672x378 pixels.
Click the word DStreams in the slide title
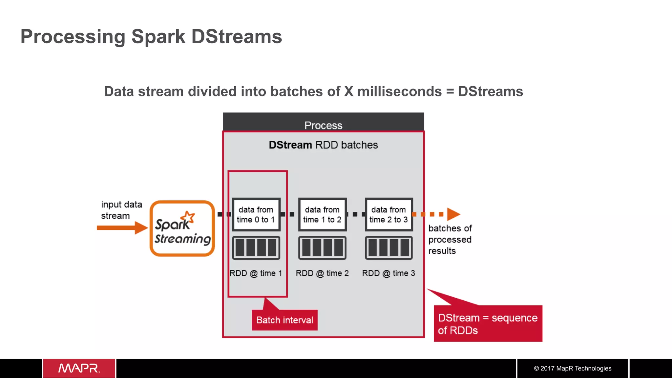[x=236, y=36]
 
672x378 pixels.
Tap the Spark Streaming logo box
[x=182, y=229]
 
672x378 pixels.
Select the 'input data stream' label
[x=121, y=210]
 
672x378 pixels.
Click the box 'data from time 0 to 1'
[x=256, y=214]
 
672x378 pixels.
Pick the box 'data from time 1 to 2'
[x=322, y=214]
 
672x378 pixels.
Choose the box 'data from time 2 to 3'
[x=388, y=214]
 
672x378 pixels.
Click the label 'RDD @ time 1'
[x=256, y=273]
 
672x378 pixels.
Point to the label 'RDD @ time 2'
[x=322, y=273]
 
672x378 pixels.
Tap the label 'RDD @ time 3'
[x=388, y=273]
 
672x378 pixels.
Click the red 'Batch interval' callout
[x=284, y=320]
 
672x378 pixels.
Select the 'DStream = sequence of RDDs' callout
[x=488, y=324]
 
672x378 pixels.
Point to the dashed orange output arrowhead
[x=453, y=214]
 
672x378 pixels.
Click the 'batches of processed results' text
[x=450, y=239]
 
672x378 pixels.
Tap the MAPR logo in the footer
[x=79, y=368]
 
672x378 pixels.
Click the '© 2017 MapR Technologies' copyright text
[x=573, y=368]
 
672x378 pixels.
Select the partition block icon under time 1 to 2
[x=322, y=248]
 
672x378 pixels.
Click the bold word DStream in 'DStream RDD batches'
[x=290, y=145]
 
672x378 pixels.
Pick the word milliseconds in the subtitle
[x=399, y=91]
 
